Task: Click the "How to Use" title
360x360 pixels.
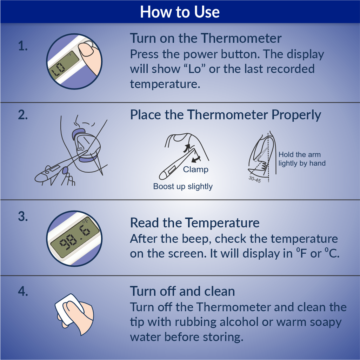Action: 180,12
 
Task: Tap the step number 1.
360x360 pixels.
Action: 23,46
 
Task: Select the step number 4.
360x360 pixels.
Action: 23,291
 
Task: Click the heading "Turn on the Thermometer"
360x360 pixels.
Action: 206,38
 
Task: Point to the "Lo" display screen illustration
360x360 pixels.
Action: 64,65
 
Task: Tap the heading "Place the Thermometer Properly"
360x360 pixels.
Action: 226,115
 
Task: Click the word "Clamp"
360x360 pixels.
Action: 195,169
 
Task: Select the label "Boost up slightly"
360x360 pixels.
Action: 183,186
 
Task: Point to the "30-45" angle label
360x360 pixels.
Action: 255,179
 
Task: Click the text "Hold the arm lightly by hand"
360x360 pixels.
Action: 302,159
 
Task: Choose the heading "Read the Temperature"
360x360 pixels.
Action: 195,223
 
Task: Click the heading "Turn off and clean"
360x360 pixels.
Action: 182,291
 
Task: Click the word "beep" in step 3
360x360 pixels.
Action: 196,239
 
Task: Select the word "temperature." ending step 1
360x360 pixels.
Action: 165,84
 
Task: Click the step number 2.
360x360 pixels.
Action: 23,115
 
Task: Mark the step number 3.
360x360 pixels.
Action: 23,216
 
